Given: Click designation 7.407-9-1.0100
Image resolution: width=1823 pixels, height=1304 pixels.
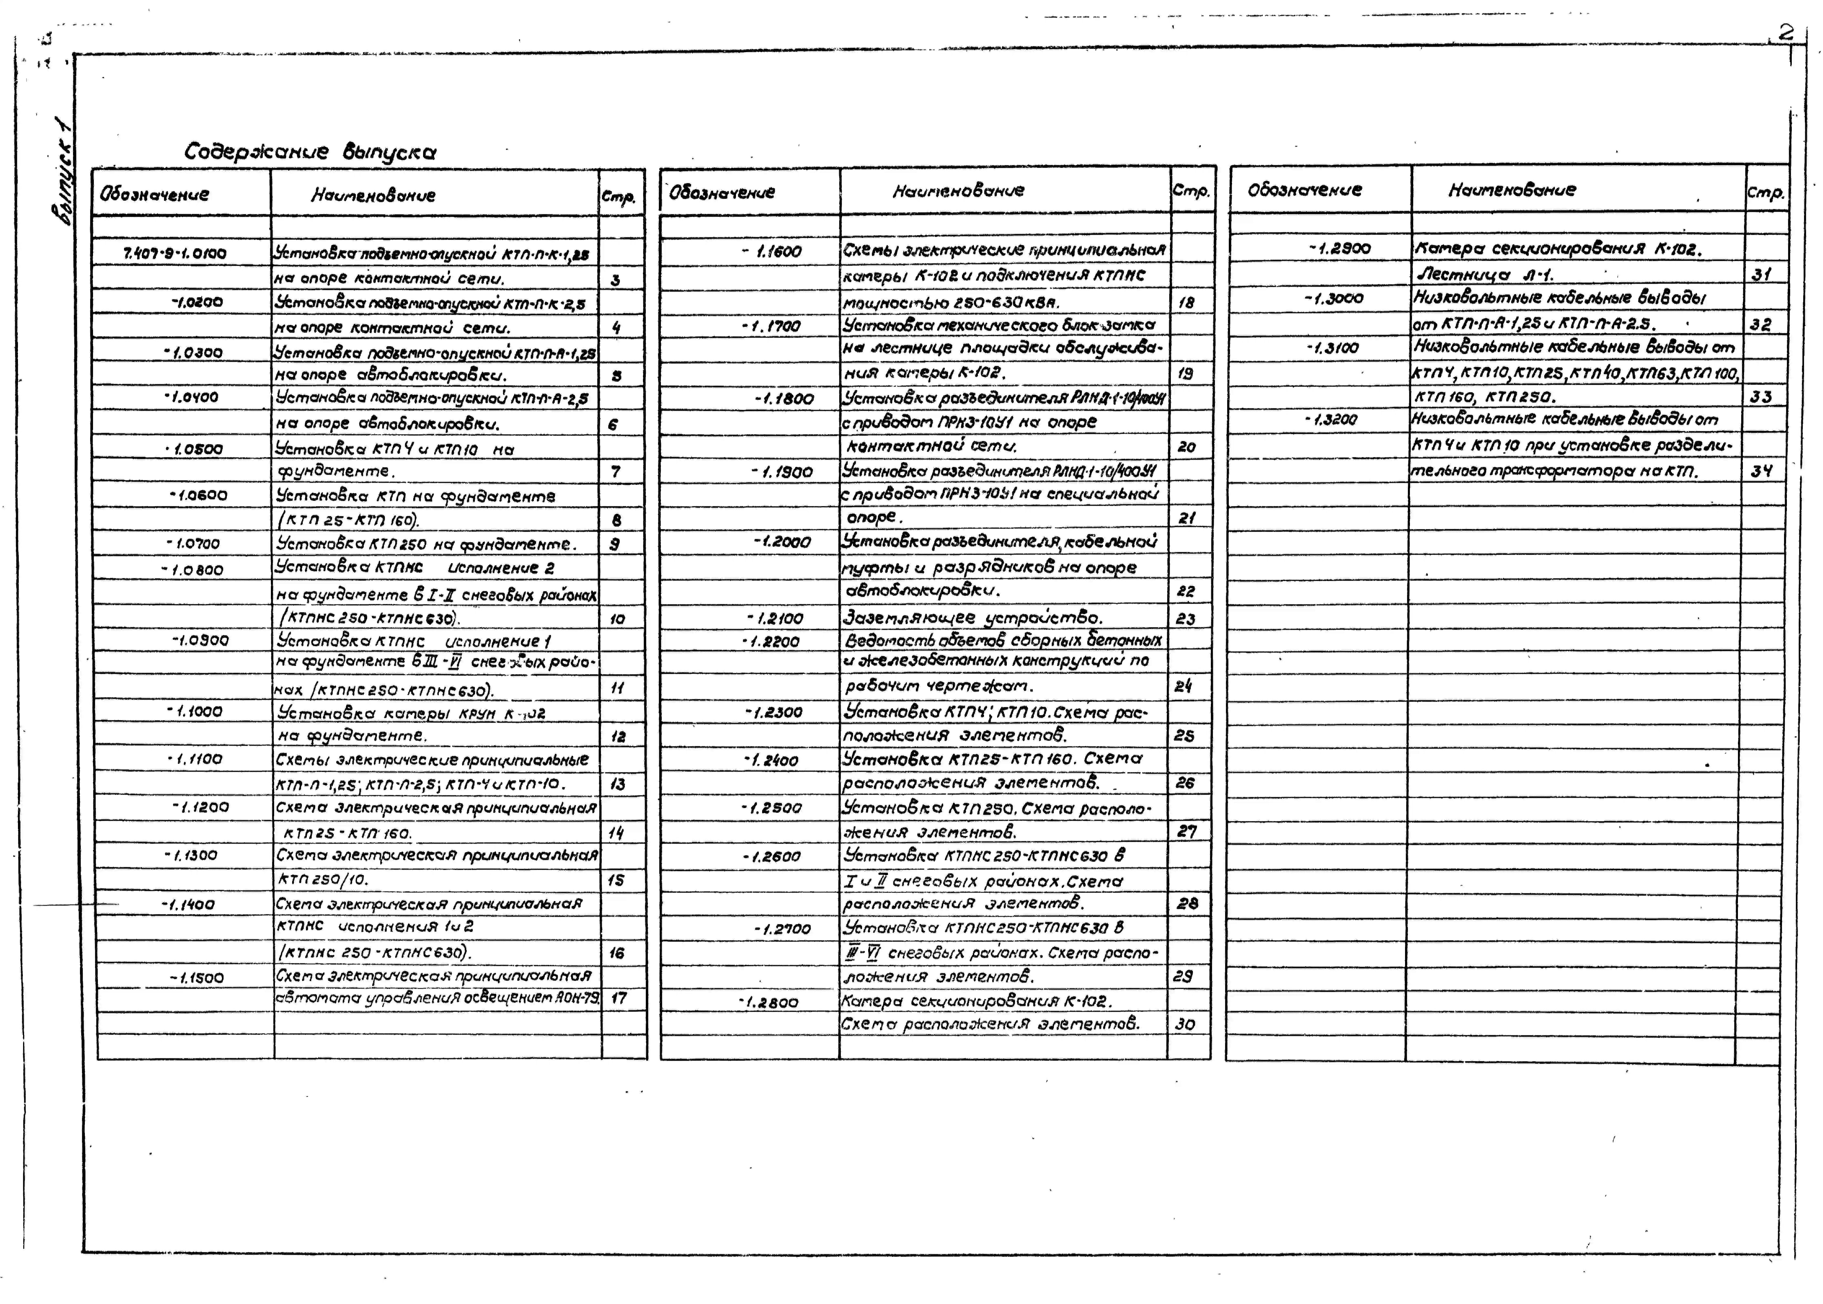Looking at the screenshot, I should tap(175, 254).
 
